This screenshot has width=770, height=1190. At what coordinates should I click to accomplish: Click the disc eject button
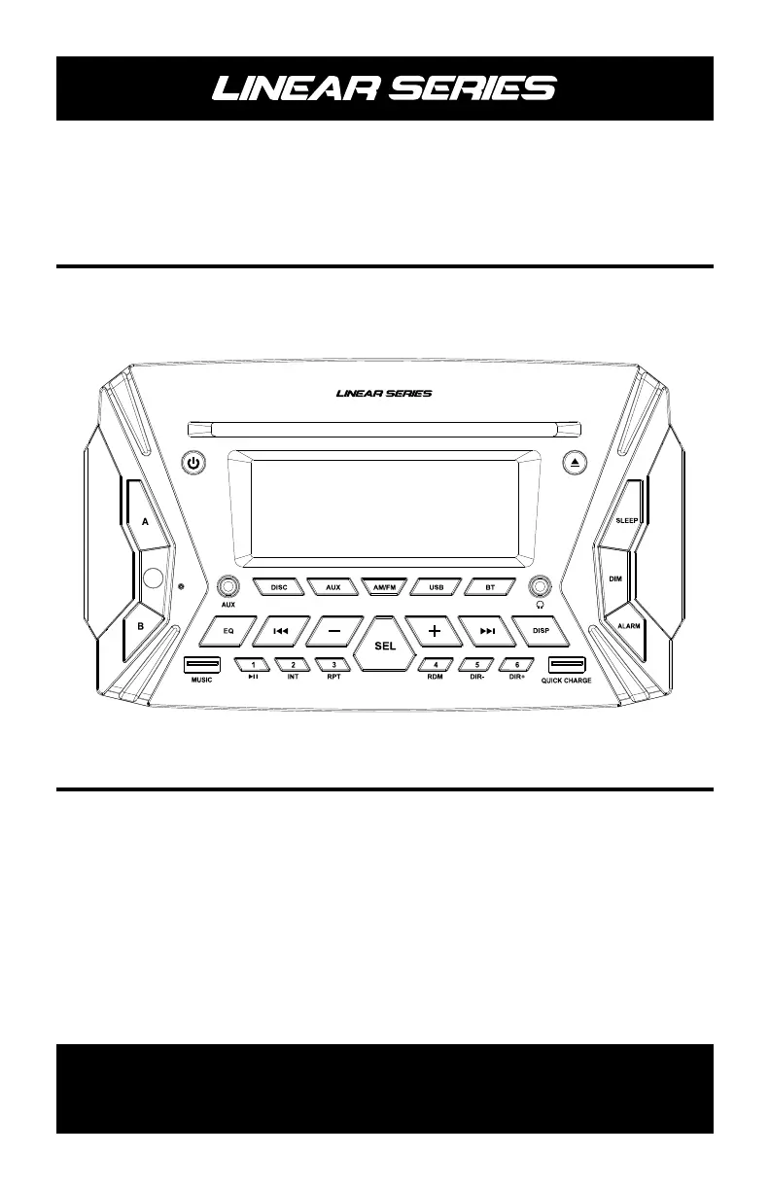click(575, 464)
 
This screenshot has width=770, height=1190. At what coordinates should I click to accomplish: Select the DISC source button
click(279, 587)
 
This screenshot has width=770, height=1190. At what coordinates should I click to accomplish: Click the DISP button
click(542, 630)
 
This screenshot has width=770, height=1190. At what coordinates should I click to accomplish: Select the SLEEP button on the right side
click(627, 520)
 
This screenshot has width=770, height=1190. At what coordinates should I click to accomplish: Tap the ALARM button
click(628, 626)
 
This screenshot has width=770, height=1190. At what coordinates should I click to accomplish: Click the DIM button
click(615, 578)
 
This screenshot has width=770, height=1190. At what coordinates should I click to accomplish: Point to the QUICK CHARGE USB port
click(566, 666)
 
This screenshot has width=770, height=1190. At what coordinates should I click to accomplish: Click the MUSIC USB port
click(201, 666)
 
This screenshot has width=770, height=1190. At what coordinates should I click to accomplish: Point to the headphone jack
click(541, 587)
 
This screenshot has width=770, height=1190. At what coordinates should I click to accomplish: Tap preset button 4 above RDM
click(436, 665)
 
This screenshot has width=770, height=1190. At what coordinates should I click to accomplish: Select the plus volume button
click(434, 630)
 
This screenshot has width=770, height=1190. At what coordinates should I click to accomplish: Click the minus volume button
click(332, 630)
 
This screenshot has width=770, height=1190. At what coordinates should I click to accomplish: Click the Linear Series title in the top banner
click(385, 88)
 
